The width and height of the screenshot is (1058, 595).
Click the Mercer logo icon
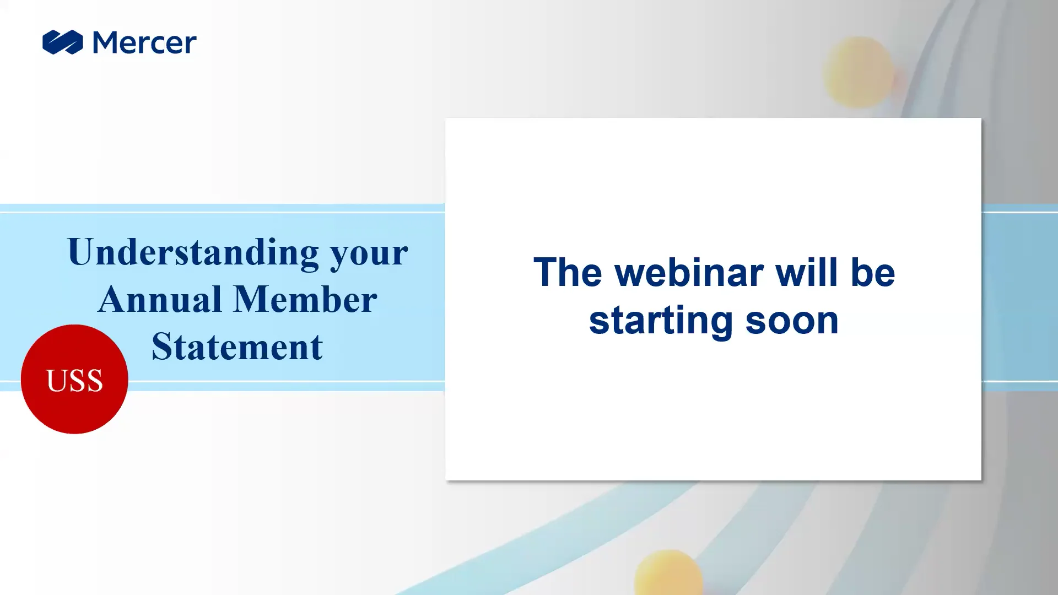[63, 42]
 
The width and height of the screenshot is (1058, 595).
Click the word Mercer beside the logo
[145, 42]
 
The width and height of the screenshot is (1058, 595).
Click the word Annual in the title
[160, 299]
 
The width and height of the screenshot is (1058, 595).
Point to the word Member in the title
[305, 299]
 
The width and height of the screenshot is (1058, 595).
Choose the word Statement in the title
[237, 347]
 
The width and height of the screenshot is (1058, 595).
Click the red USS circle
[74, 379]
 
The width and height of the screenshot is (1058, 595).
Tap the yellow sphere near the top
[858, 72]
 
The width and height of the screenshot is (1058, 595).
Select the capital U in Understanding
[80, 252]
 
